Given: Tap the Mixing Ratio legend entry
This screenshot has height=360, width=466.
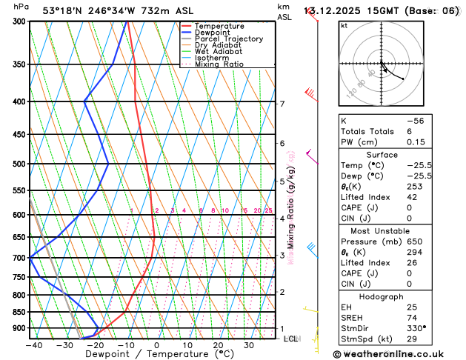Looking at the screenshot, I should click(x=224, y=65).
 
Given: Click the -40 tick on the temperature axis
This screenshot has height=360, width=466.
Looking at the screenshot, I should click(x=33, y=344).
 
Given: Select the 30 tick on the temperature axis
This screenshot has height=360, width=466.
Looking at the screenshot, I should click(x=249, y=344).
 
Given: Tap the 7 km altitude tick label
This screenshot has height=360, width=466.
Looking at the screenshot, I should click(x=282, y=104).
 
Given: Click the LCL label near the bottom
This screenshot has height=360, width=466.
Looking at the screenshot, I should click(x=290, y=339).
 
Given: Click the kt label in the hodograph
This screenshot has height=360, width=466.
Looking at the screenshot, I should click(x=344, y=26).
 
